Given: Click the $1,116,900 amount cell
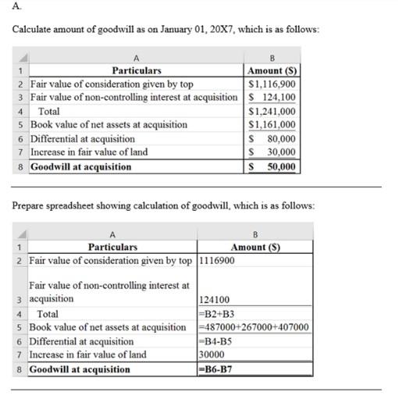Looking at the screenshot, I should [271, 84].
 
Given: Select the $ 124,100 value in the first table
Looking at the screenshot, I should [271, 97].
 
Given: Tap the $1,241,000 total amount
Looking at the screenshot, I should [271, 111].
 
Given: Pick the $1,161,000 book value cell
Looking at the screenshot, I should [271, 124].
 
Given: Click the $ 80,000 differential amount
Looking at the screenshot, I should [271, 138].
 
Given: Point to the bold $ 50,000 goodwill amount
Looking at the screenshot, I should [271, 166].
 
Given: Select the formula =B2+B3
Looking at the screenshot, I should [217, 313].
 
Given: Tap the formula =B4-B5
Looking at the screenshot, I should [215, 341].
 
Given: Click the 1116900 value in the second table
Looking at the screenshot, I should [218, 260].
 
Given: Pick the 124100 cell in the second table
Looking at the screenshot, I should [215, 299].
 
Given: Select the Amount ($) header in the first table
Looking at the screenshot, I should [271, 70].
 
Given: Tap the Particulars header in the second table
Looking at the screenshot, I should [113, 247].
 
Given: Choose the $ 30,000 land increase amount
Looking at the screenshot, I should [271, 152].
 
